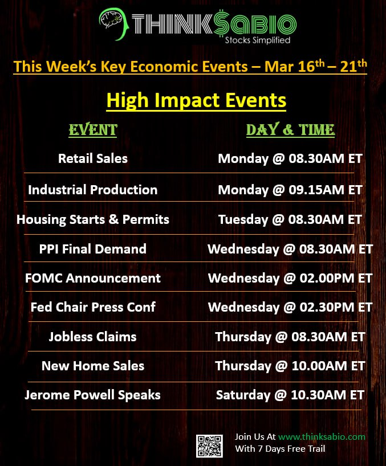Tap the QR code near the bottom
209,446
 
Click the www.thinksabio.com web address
322,436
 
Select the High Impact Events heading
196,100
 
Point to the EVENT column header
93,130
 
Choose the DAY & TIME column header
291,130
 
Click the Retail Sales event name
93,158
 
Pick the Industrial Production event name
93,190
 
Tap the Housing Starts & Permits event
93,220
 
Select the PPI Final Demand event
93,249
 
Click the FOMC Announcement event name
93,278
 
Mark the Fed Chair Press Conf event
93,307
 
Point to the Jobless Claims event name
93,337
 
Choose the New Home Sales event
93,366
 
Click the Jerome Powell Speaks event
92,395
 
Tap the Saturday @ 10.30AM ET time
290,395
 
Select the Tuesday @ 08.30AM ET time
290,220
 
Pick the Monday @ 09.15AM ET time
290,190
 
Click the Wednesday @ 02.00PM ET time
290,279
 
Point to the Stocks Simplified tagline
258,40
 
